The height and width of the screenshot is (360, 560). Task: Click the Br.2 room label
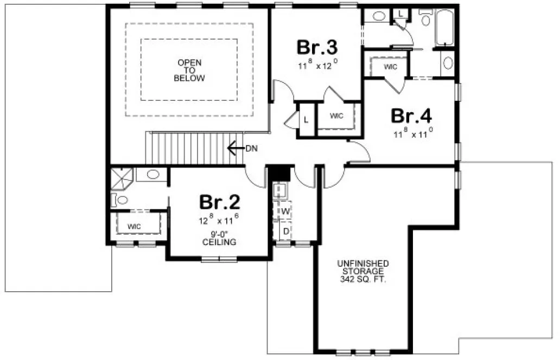click(219, 202)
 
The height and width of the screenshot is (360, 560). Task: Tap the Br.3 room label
click(317, 47)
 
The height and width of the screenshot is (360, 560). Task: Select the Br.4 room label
click(411, 116)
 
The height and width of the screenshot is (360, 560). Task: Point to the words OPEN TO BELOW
click(189, 70)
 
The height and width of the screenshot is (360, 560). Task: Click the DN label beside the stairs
click(251, 147)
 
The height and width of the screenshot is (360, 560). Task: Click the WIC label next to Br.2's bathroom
click(135, 226)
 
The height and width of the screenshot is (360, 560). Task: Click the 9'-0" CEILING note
click(219, 239)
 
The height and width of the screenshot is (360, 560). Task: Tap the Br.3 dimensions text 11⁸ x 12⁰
click(317, 65)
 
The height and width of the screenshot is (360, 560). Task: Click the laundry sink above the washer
click(281, 190)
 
